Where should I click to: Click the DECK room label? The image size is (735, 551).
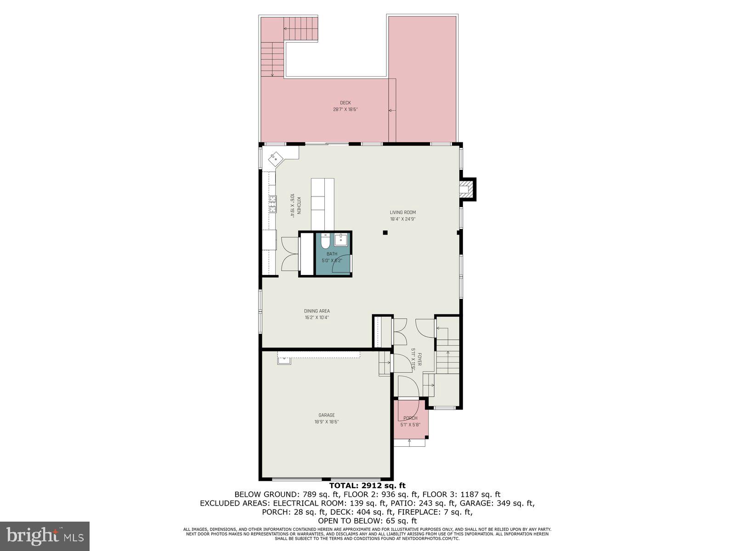pos(345,103)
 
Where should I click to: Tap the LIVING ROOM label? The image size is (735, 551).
pos(402,213)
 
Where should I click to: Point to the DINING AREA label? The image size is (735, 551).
pos(317,311)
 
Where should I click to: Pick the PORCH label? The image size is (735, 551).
pos(410,418)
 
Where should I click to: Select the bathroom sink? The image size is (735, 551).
pos(340,240)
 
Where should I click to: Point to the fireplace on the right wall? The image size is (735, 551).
pos(468,189)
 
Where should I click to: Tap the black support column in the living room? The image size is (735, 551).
pos(385,233)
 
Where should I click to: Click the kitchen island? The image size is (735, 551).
pos(322,204)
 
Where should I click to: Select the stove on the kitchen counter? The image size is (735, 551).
pos(273,203)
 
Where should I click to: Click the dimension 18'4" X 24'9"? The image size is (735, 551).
pos(402,219)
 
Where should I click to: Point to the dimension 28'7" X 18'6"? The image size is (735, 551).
pos(345,109)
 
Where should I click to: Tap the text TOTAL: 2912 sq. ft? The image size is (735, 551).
pos(367,485)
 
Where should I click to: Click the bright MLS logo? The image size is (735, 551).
pos(45,535)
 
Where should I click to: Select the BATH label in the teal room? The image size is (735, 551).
pos(332,254)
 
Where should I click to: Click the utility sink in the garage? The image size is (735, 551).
pos(283,360)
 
